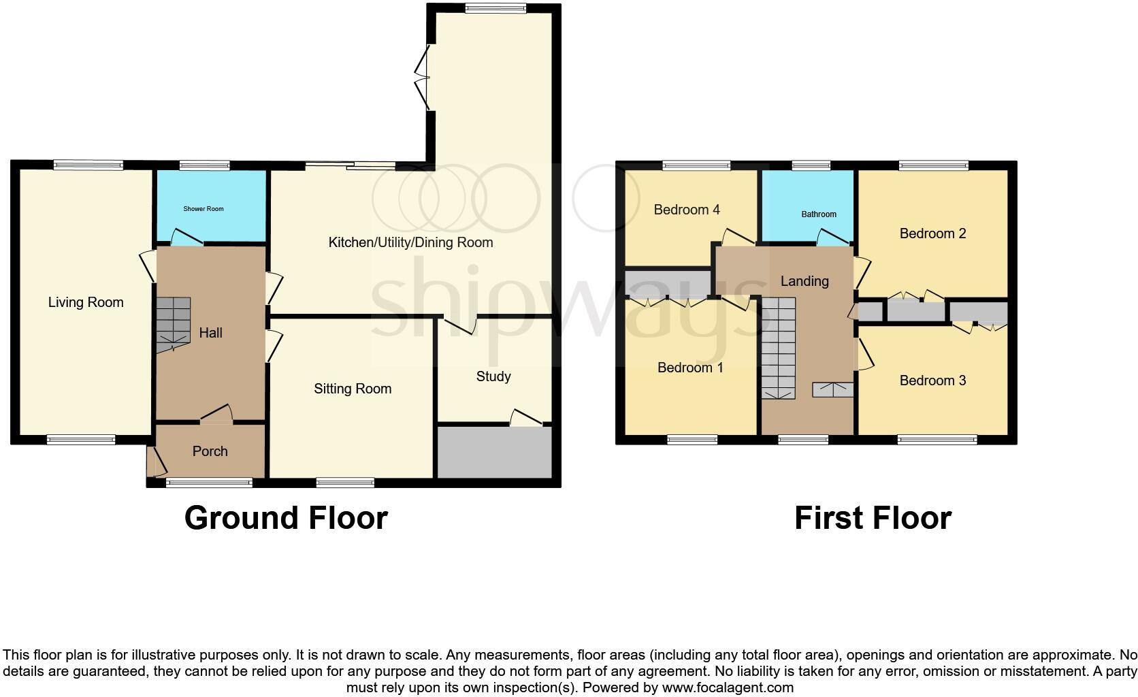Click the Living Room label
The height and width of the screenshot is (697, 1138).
point(86,302)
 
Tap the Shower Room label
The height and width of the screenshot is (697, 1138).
point(203,209)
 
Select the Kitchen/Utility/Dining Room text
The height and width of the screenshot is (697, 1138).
point(410,242)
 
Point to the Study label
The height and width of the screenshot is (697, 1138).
point(493,376)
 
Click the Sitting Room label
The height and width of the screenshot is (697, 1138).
point(353,389)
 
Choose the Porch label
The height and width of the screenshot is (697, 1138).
point(210,451)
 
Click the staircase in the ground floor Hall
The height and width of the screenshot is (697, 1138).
point(173,325)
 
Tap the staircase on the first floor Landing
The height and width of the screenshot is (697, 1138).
point(778,348)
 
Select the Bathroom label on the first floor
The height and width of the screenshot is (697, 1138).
point(819,214)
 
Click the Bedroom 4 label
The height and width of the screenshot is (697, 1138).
point(687,210)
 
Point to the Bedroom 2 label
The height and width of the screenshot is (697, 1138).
point(932,233)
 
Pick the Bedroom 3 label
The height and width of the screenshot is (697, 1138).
point(932,380)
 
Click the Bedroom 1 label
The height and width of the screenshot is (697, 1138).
point(690,368)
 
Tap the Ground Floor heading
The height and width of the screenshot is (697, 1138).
point(286,518)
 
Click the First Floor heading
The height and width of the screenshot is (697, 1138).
point(873,518)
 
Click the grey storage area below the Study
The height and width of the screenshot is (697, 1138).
point(494,453)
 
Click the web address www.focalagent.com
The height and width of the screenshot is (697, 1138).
point(728,687)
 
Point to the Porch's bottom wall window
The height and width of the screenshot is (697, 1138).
point(209,483)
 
